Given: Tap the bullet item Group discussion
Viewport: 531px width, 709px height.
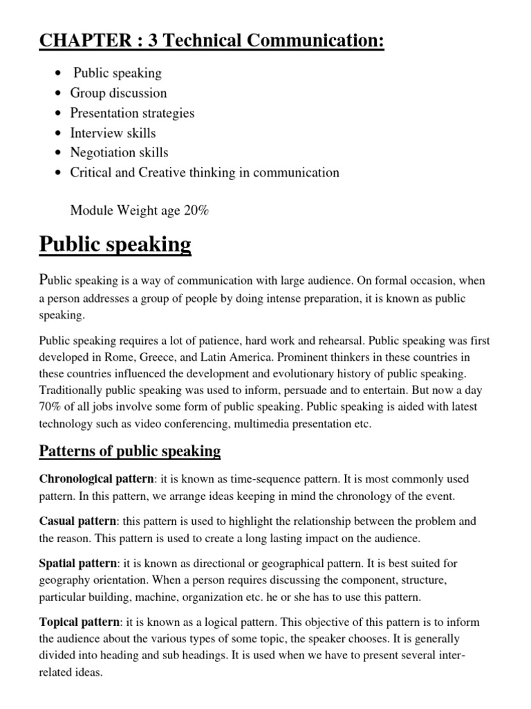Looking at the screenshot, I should click(x=118, y=93).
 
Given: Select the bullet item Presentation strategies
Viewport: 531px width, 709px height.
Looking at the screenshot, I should click(x=132, y=113).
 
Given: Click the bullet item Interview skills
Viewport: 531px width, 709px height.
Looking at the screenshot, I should click(x=113, y=133).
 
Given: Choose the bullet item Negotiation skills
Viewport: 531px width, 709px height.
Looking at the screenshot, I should click(x=119, y=152).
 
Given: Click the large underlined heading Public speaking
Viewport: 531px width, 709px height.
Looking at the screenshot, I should click(x=115, y=244).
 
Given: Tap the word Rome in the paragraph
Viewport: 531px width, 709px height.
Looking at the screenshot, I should click(x=141, y=357).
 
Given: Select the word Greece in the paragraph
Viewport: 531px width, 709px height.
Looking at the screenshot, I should click(x=178, y=357).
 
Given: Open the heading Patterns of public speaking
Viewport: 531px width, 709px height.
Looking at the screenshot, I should click(x=129, y=452).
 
